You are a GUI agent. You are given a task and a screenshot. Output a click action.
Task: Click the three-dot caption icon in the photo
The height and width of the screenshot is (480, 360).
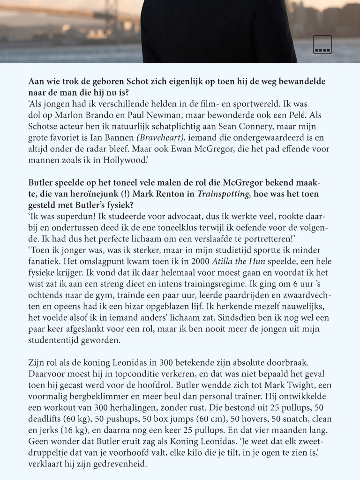322,45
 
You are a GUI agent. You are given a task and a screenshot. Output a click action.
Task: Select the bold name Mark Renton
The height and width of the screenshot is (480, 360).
142,194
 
